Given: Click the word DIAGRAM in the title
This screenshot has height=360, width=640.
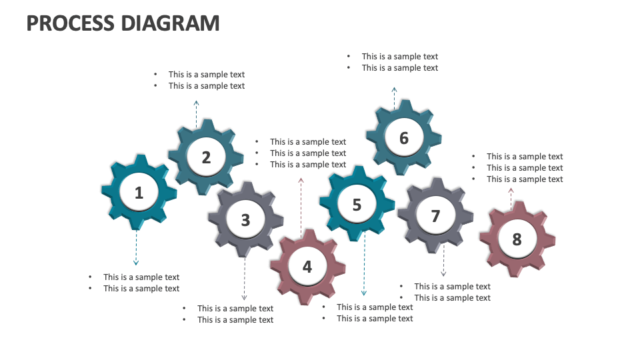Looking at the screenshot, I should (x=170, y=23).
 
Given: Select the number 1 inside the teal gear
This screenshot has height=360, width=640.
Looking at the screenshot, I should (x=139, y=193).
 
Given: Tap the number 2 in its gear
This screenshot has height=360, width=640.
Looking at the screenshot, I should (x=206, y=157).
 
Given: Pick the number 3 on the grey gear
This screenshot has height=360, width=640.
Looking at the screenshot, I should (x=245, y=219).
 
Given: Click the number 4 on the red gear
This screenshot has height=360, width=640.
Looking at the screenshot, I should (x=307, y=267).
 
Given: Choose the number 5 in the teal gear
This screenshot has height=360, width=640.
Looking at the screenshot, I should (x=357, y=205).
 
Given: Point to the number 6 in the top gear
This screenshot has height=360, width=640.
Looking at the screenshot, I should (x=403, y=138).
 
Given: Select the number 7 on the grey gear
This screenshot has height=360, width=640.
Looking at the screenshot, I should (x=435, y=216).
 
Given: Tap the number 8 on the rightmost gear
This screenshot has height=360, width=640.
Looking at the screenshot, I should (x=517, y=239).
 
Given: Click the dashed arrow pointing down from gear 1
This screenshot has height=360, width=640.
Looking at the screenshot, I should (x=136, y=248).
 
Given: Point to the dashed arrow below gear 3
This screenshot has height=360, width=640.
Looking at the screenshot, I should (x=245, y=279).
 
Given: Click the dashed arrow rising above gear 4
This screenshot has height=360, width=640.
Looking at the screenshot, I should (x=301, y=203).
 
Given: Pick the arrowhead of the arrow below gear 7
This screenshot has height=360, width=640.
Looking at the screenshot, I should (x=443, y=273).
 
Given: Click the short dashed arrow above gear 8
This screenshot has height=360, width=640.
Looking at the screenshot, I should (x=511, y=198).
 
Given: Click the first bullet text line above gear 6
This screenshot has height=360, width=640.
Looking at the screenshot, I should (x=399, y=57).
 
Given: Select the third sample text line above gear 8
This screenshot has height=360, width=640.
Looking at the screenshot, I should (x=524, y=179).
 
